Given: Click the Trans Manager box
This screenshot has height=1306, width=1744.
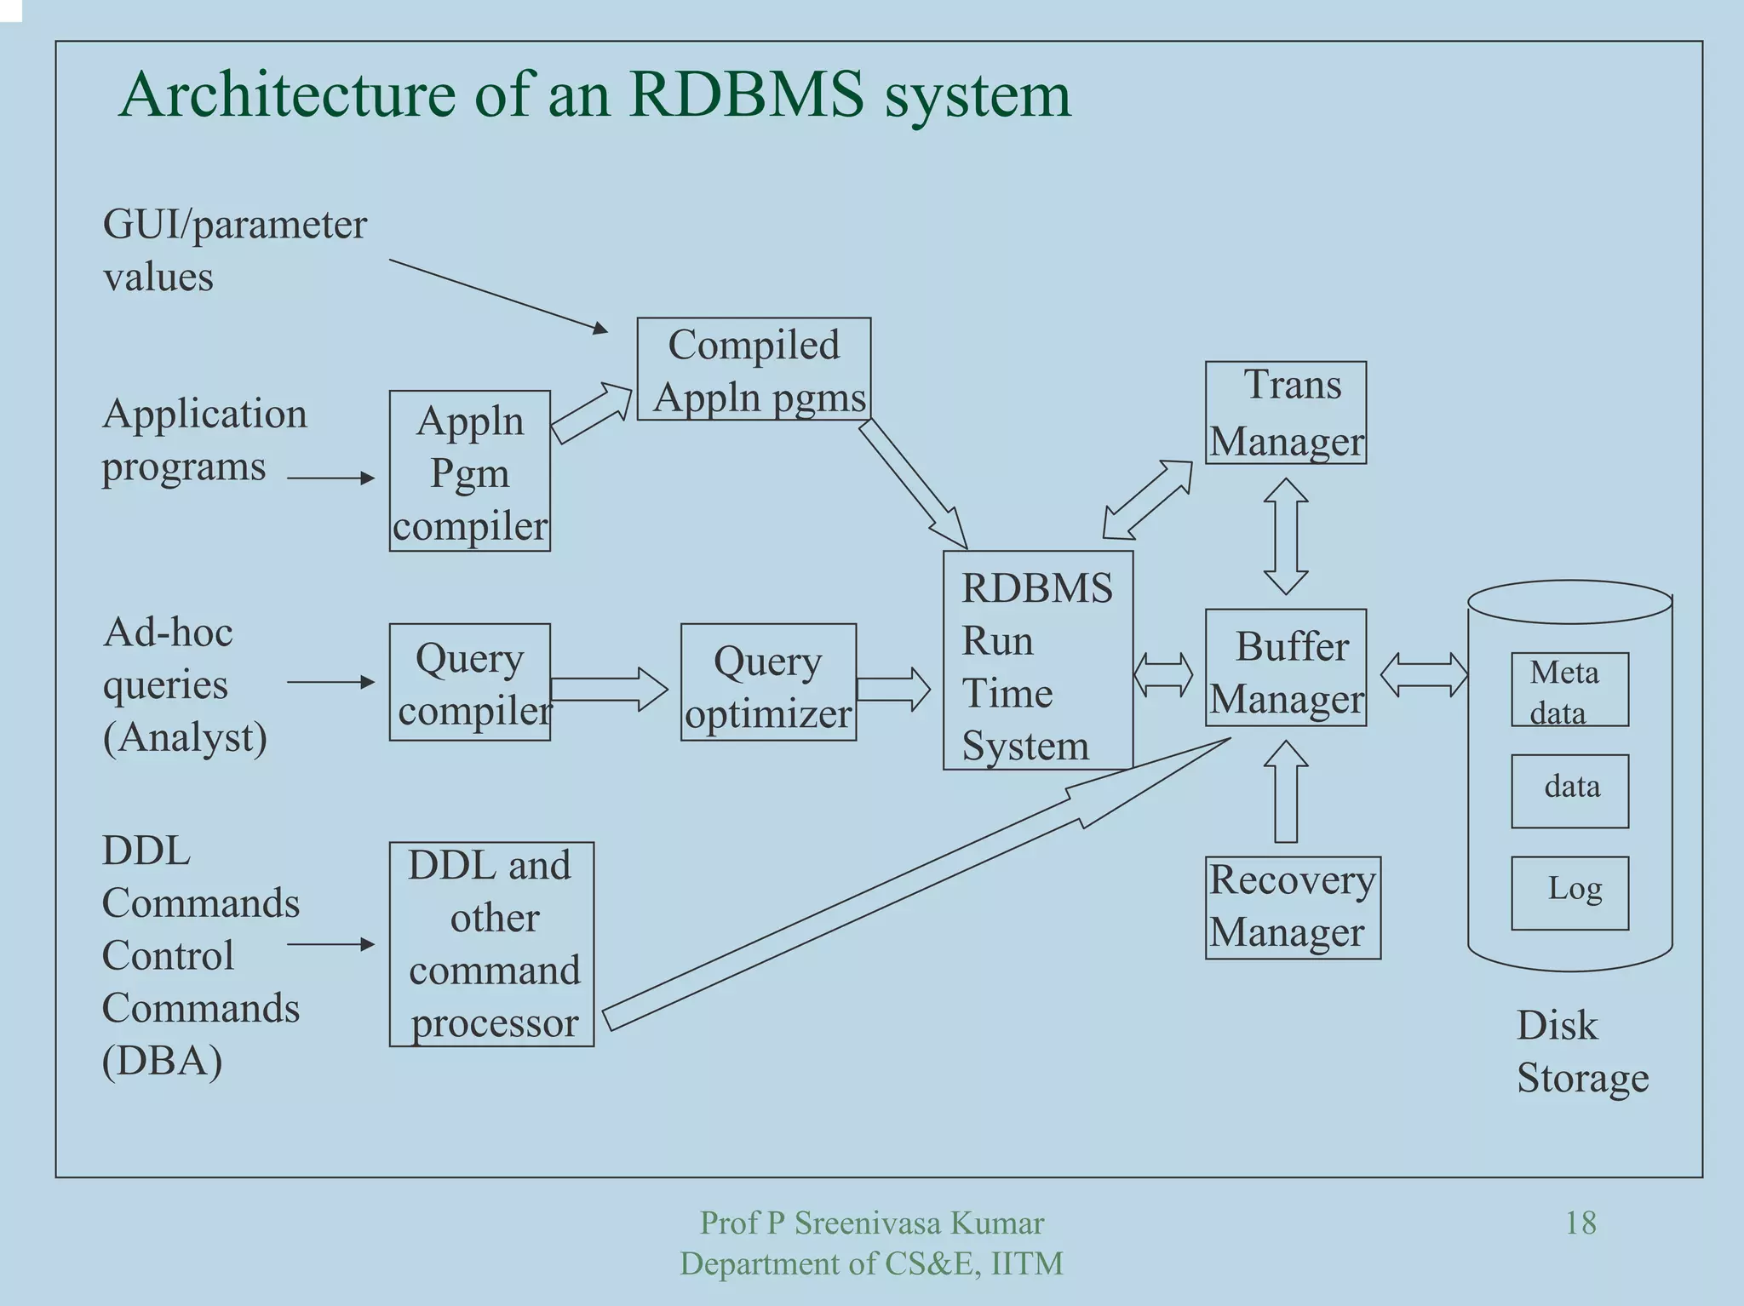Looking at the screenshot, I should point(1285,413).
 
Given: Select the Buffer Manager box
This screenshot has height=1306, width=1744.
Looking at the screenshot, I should point(1285,667).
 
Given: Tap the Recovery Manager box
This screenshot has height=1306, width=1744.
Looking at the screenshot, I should point(1292,908).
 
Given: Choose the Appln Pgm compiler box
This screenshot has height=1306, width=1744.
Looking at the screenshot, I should point(469,471).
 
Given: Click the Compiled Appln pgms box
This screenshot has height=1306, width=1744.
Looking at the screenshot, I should point(754,369).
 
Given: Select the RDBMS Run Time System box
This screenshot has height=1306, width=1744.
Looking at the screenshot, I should point(1037,661).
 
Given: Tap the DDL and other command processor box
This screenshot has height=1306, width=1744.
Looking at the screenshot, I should point(491,944).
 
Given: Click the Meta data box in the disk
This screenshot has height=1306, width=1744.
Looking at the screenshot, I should point(1569,690).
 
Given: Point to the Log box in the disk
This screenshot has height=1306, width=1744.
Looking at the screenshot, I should point(1569,892).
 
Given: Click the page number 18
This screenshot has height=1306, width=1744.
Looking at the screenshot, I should point(1580,1223).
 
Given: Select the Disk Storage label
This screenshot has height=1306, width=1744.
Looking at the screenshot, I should point(1581,1051).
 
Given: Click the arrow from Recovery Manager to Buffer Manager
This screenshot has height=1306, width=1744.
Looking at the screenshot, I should point(1286,792).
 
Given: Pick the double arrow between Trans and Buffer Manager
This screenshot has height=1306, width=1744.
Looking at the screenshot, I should point(1286,536).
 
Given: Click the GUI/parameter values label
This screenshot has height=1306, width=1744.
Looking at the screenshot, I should point(234,250).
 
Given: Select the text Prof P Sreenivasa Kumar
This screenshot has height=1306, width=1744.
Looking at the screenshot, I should point(871,1223).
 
